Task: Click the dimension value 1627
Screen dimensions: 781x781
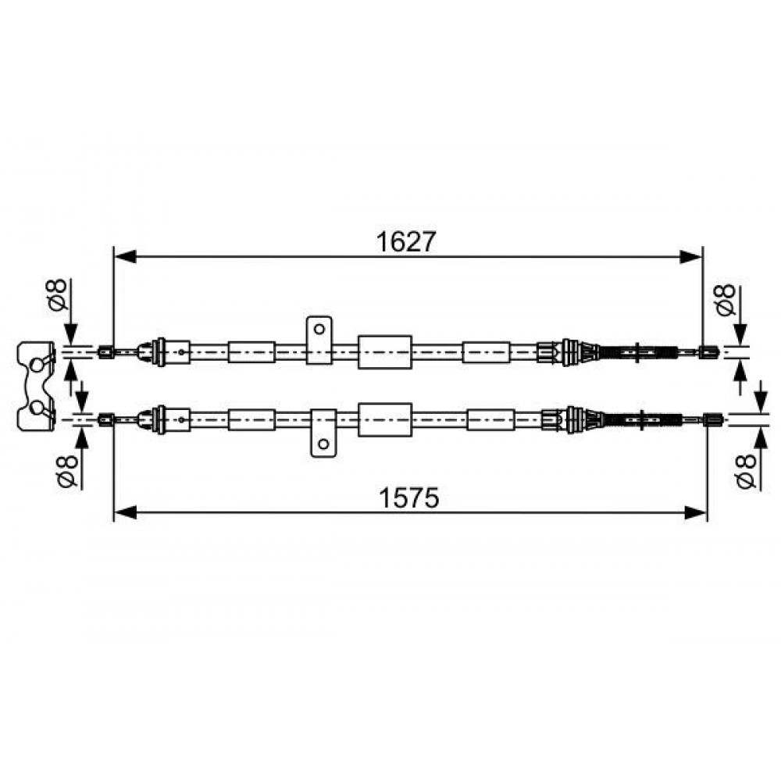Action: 406,242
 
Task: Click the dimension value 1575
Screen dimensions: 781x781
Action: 409,497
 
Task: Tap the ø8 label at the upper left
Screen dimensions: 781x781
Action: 58,295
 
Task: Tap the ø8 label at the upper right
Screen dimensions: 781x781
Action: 726,300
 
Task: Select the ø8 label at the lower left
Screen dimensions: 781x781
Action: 67,470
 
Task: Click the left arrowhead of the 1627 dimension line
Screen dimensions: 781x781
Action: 126,257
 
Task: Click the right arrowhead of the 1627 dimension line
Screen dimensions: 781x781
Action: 691,257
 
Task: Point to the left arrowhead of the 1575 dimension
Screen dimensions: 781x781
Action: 126,512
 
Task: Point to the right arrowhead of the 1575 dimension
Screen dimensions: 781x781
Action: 696,512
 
